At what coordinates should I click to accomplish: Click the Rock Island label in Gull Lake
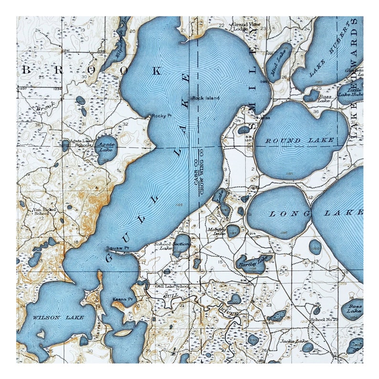click(x=206, y=98)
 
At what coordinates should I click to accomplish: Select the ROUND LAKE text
click(x=299, y=140)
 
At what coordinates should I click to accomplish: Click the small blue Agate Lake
click(x=107, y=149)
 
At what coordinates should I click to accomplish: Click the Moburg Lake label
click(x=216, y=232)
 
